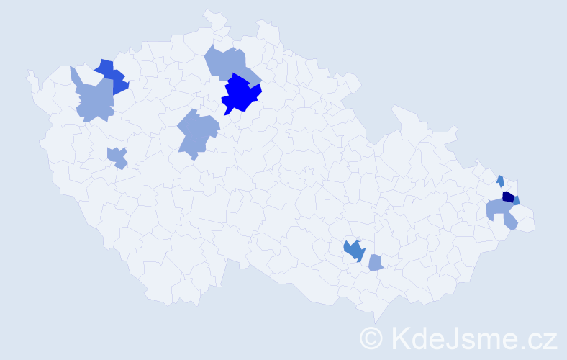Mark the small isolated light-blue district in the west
117,156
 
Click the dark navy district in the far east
507,197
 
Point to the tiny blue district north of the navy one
500,180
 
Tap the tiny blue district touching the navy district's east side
516,201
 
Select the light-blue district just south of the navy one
499,211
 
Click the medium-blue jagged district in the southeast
353,250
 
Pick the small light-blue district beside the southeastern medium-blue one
375,264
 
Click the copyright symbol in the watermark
371,337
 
